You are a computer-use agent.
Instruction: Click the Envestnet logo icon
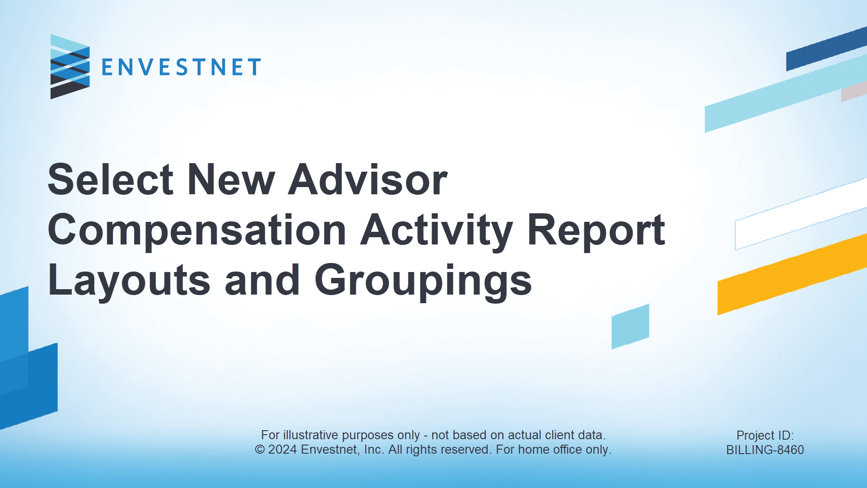click(x=70, y=66)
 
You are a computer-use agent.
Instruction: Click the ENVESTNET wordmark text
click(x=181, y=67)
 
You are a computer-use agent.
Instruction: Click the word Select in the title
click(x=111, y=180)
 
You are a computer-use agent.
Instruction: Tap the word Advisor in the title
click(x=368, y=180)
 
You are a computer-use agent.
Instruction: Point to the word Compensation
click(x=197, y=231)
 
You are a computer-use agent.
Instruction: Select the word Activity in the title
click(x=437, y=231)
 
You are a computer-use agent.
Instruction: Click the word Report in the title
click(x=596, y=231)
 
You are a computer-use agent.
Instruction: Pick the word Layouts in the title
click(x=129, y=281)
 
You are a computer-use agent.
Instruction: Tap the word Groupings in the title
click(x=423, y=281)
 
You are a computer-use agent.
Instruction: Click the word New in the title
click(x=231, y=180)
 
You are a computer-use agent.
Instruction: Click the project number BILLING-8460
click(x=765, y=450)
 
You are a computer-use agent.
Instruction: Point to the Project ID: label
click(x=765, y=435)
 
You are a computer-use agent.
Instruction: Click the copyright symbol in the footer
click(x=260, y=450)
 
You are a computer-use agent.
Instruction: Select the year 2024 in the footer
click(x=283, y=450)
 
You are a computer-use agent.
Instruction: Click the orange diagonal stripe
click(x=792, y=275)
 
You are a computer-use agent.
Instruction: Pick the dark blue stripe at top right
click(x=826, y=49)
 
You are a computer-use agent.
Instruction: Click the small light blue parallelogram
click(x=630, y=326)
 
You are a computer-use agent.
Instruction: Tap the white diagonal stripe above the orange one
click(x=801, y=214)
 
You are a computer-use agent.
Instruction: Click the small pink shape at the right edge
click(x=854, y=92)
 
